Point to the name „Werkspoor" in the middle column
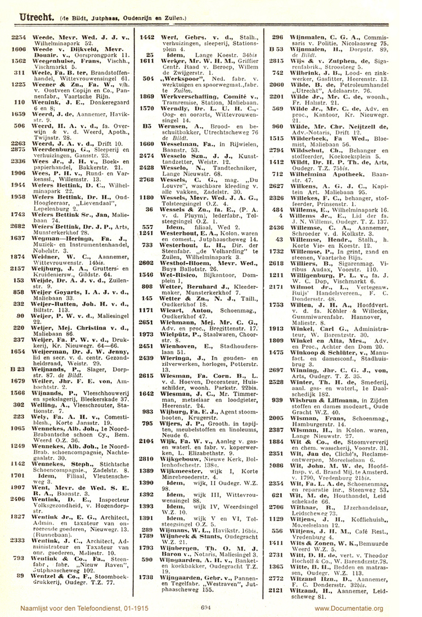tap(181, 78)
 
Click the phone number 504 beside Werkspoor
tap(149, 78)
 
